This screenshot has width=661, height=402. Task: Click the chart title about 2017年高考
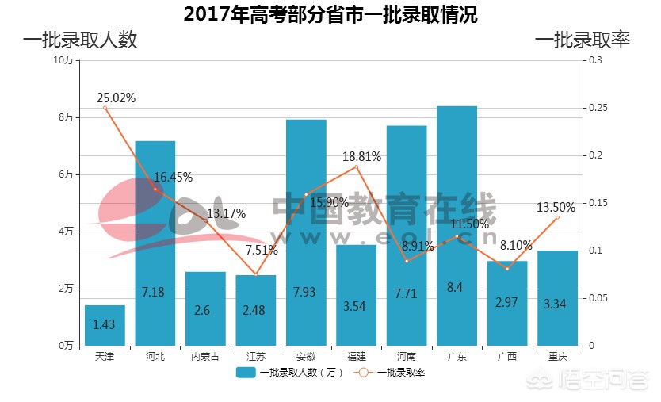click(330, 14)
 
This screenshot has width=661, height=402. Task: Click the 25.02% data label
click(117, 98)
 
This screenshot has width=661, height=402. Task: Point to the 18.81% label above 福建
click(362, 157)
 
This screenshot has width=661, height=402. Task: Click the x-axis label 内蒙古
click(205, 357)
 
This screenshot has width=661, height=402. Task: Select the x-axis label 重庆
click(557, 357)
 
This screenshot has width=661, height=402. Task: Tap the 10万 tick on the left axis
click(63, 60)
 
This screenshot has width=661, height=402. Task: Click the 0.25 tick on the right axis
click(595, 108)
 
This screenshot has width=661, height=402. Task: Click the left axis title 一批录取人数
click(80, 40)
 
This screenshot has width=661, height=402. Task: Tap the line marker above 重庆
click(557, 217)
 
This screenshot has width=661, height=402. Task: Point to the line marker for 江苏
click(256, 274)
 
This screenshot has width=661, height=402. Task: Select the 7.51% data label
click(262, 251)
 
